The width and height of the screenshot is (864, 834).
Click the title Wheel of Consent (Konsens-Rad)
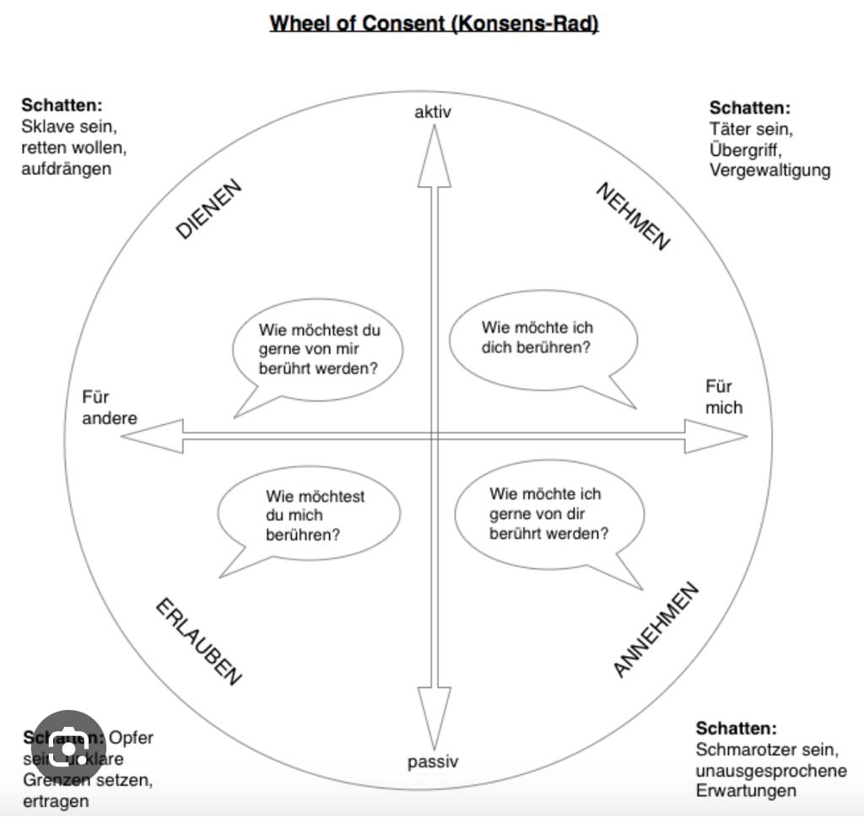tap(434, 24)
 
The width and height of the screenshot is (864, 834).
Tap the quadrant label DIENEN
tap(209, 209)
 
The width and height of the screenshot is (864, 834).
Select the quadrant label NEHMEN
tap(634, 216)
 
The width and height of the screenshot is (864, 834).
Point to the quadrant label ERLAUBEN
tap(199, 643)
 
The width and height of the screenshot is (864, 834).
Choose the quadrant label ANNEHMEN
tap(656, 629)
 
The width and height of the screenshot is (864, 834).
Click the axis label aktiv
tap(433, 111)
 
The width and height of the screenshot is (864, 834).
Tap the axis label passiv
tap(433, 761)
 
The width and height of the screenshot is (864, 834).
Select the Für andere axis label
tap(109, 407)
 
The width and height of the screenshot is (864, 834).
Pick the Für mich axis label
tap(724, 397)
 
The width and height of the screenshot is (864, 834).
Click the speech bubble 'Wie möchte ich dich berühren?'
tap(542, 338)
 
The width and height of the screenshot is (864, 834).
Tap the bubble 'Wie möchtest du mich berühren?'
tap(309, 515)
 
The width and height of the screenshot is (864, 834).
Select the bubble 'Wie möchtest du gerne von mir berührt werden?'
tap(319, 349)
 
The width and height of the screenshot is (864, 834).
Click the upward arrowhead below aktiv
tap(435, 156)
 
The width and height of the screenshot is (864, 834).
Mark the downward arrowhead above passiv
tap(435, 717)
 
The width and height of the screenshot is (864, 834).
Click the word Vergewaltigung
tap(769, 170)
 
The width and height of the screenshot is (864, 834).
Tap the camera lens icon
tap(68, 747)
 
